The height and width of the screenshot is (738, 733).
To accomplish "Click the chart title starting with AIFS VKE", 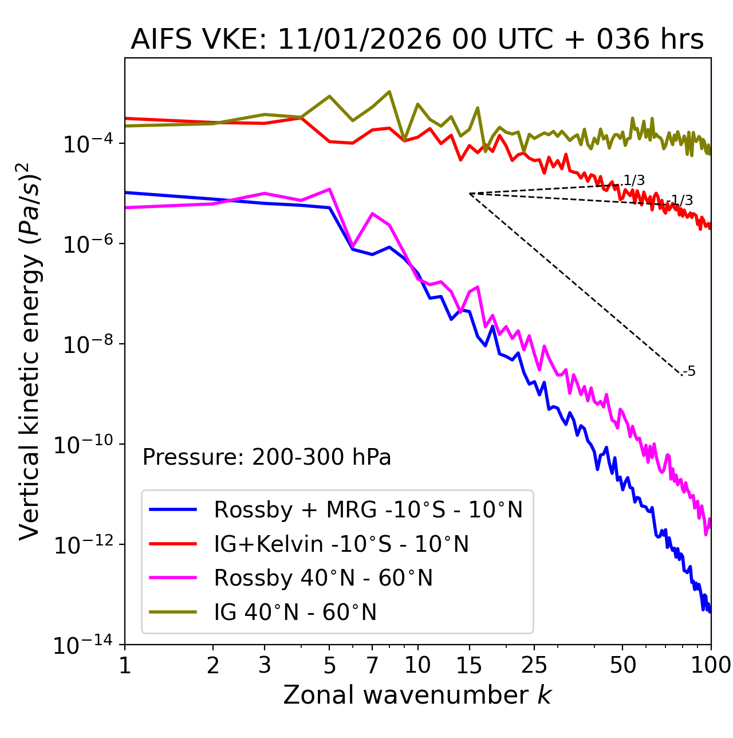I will pos(417,39).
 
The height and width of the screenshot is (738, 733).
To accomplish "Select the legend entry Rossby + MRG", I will pos(368,509).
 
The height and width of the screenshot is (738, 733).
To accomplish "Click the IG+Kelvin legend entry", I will pos(341,544).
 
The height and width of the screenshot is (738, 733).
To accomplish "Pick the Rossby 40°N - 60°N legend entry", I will pos(323,578).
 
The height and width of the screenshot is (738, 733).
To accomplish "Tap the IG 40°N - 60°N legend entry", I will pos(295,613).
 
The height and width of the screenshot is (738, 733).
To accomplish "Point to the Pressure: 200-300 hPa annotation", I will pos(266,457).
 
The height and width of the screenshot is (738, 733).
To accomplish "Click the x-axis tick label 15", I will pos(470,665).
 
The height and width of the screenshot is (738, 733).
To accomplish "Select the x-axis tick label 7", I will pos(372,665).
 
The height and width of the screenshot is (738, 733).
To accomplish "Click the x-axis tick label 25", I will pos(534,665).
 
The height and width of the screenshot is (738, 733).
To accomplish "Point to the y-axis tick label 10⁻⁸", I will pos(86,345).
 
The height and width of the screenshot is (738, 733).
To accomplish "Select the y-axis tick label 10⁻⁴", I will pos(86,144).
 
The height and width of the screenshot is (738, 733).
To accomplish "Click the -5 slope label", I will pos(689,372).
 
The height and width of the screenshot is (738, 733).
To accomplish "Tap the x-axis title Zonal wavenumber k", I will pos(417,695).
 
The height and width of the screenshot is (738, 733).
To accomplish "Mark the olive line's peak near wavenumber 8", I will pos(389,92).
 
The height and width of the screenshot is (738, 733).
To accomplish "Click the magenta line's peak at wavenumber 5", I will pos(329,189).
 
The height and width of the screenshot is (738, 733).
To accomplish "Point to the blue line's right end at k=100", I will pos(710,611).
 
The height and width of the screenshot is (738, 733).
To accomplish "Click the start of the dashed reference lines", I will pos(470,194).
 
